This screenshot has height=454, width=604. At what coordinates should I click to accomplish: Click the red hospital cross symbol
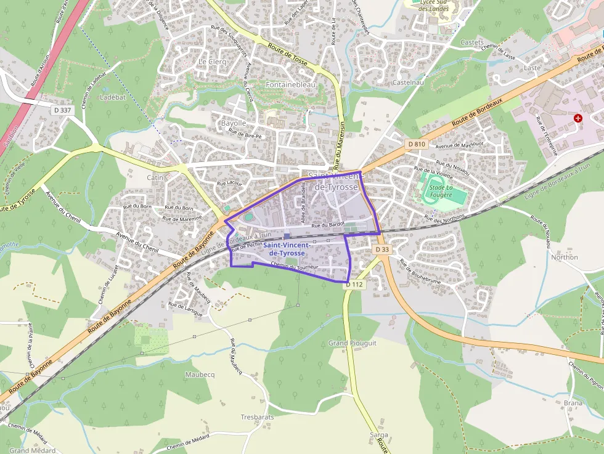point(577,118)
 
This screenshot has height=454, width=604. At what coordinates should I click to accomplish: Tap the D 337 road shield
point(62,110)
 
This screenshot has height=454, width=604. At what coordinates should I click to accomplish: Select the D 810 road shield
point(416,144)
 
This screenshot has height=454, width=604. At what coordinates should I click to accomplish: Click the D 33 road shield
point(382,249)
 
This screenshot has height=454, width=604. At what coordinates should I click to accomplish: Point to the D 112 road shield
point(354,285)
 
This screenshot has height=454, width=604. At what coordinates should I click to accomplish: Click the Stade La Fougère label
point(440,191)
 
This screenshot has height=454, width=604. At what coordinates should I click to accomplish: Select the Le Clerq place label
point(212,62)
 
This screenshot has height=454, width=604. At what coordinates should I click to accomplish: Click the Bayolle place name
point(234,123)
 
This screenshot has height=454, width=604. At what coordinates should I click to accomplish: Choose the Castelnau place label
point(408,82)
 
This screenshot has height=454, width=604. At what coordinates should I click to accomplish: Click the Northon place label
point(564,257)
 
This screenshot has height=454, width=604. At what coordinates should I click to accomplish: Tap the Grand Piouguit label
point(353,343)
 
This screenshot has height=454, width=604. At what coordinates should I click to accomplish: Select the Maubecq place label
point(200,374)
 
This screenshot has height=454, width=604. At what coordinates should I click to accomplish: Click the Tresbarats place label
point(257,417)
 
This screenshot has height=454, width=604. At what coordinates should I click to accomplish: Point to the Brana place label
point(573,403)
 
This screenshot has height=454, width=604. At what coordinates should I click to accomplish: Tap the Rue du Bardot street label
point(328,225)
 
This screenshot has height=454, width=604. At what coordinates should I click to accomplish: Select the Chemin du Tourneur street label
point(295,267)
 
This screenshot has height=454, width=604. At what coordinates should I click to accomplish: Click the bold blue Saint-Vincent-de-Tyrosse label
point(284,249)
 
